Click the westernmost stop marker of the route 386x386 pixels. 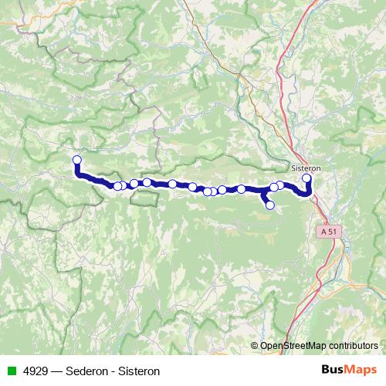tap(76, 161)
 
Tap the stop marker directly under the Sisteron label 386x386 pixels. tap(306, 179)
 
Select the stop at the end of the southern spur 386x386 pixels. tap(270, 205)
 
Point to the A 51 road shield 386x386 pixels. tap(329, 231)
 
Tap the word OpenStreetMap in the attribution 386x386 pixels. tap(293, 346)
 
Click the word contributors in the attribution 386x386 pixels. tap(353, 346)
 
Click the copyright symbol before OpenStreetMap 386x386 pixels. tap(255, 346)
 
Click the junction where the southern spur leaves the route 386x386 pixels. tap(263, 190)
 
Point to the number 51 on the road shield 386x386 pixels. tap(333, 231)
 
